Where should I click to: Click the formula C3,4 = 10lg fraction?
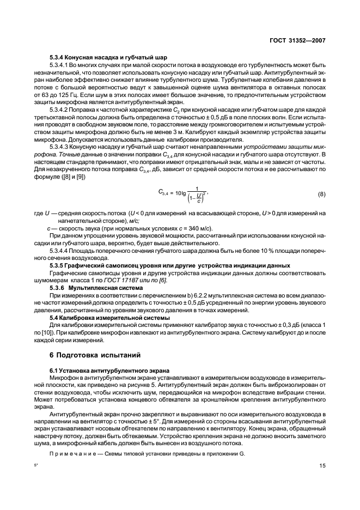coord(183,195)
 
